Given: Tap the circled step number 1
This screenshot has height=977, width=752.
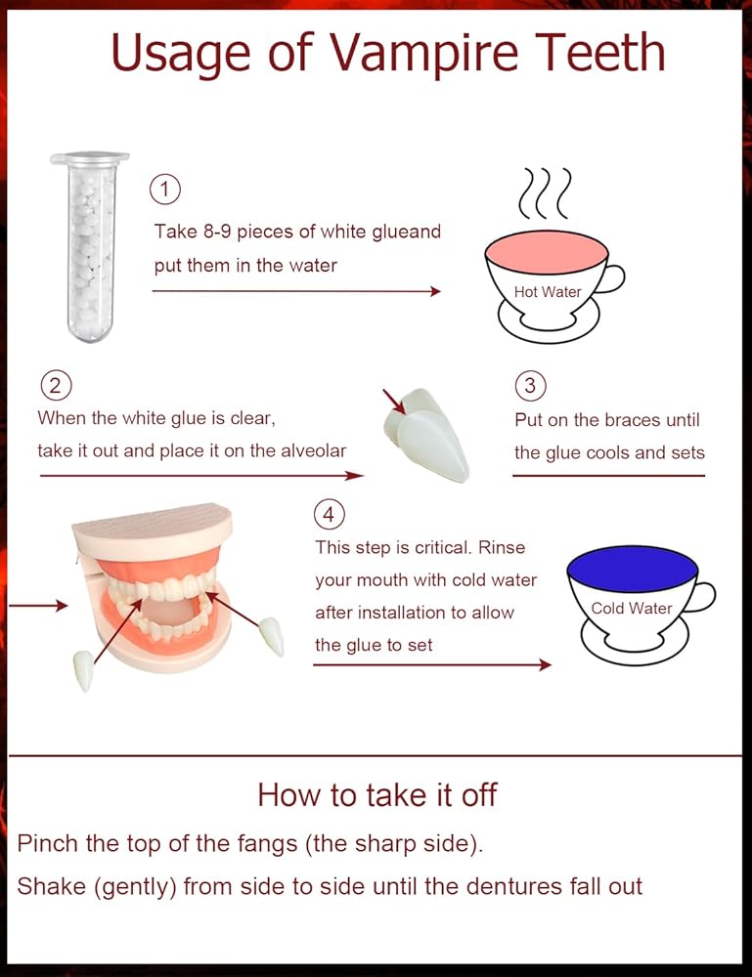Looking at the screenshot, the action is (x=164, y=190).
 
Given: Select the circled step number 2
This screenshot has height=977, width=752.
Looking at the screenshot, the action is (x=56, y=386).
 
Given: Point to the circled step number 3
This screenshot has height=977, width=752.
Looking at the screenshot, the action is (x=531, y=386).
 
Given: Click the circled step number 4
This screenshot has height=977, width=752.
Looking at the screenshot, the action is (x=330, y=515).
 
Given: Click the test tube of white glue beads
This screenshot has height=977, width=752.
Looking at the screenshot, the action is (x=91, y=246).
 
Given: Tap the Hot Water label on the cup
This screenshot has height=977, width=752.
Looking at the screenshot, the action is (x=548, y=291).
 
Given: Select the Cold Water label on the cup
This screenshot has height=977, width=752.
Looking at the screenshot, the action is (x=632, y=608).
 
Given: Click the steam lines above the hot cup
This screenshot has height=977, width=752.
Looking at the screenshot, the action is (x=545, y=193).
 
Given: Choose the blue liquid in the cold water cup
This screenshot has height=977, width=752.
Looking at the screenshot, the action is (x=632, y=569).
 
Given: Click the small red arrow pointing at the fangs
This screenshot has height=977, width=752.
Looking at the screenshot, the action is (x=394, y=402).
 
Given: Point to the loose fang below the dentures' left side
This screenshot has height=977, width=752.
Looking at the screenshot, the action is (x=83, y=670).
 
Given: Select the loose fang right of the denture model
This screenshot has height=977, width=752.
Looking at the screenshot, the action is (x=272, y=636).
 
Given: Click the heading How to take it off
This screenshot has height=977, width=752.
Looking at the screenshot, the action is (x=376, y=795).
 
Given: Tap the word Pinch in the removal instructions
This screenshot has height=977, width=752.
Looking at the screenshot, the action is (x=48, y=843).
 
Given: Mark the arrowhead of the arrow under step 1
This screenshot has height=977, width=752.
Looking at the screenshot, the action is (x=436, y=291).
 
